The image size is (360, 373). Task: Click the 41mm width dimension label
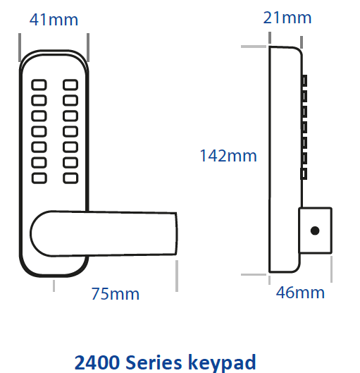(54, 20)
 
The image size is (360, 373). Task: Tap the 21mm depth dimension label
(287, 18)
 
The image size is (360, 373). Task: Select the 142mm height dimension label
(228, 156)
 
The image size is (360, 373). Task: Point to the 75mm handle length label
(116, 294)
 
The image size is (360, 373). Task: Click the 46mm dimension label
(300, 293)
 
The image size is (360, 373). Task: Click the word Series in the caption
(154, 362)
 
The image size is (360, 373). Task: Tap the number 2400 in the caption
(97, 362)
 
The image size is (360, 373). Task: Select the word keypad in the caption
(222, 362)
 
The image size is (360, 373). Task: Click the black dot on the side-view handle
(315, 231)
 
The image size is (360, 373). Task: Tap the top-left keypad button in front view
(39, 85)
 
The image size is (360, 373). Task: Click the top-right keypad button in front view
(70, 85)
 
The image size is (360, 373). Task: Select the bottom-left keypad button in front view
(39, 178)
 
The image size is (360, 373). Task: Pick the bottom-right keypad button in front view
(70, 178)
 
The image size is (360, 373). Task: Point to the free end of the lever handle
(176, 233)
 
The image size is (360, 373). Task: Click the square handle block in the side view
(315, 231)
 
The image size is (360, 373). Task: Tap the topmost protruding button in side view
(304, 80)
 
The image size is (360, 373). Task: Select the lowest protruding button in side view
(304, 173)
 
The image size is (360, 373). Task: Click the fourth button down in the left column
(39, 131)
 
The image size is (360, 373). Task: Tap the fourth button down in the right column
(70, 131)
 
